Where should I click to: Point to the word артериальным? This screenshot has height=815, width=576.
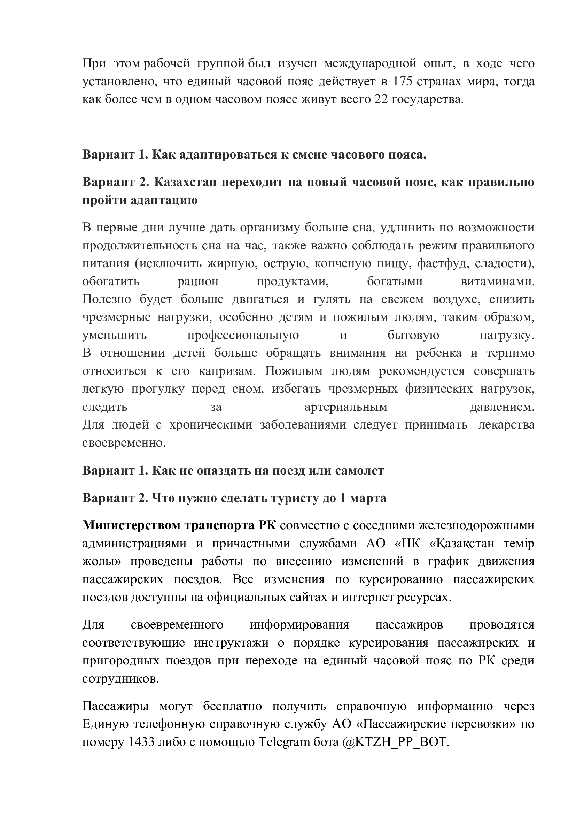[x=346, y=407]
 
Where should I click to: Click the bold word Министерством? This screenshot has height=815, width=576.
[x=131, y=525]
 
